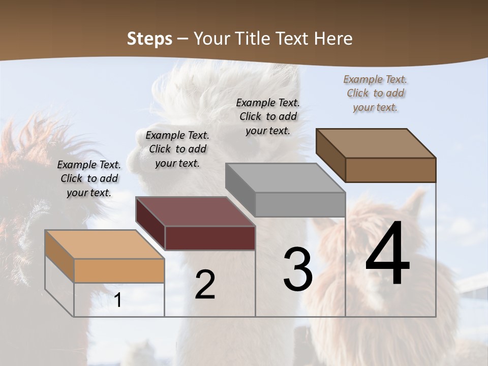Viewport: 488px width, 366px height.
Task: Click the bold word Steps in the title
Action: [149, 39]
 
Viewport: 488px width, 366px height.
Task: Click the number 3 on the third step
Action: [298, 269]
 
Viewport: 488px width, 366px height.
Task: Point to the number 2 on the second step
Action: [205, 285]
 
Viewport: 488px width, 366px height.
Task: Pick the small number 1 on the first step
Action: [118, 300]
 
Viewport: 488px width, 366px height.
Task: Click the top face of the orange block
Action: [104, 245]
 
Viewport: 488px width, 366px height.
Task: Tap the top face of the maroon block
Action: [195, 211]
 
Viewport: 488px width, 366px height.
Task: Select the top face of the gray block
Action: [285, 178]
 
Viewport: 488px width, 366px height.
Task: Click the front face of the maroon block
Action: [210, 238]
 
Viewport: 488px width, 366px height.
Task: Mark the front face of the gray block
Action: [300, 204]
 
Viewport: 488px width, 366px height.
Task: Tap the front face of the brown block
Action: [390, 170]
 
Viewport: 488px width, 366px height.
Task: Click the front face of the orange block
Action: [119, 270]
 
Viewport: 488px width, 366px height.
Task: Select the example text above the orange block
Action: [89, 178]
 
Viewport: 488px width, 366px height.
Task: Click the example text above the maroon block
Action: [177, 149]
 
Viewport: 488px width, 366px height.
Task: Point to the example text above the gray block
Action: [268, 116]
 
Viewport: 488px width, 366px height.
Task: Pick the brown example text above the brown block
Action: [375, 93]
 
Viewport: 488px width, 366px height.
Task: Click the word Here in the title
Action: [333, 39]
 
